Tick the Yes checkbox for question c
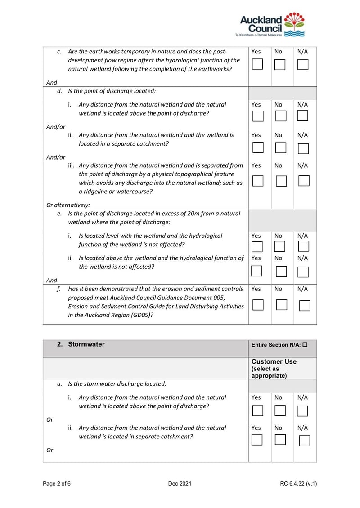tap(257, 64)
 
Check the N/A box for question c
tap(303, 64)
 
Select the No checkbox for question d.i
tap(281, 116)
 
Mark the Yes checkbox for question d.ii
tap(257, 147)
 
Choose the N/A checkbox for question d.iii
tap(304, 181)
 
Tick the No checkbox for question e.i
tap(280, 246)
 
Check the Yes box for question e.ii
tap(256, 271)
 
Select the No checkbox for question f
tap(281, 305)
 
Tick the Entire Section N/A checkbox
tap(305, 345)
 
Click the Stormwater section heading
tap(86, 344)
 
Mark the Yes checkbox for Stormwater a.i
tap(257, 411)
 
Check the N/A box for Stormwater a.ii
tap(304, 441)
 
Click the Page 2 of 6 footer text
tap(57, 484)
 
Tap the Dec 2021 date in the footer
tap(180, 484)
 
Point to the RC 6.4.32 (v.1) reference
tap(298, 484)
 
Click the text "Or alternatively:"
tap(68, 205)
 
